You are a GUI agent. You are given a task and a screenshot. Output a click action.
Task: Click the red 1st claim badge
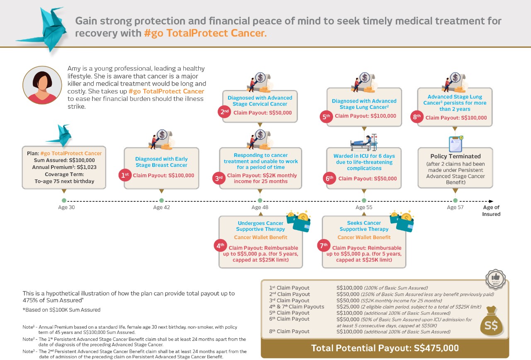(125, 175)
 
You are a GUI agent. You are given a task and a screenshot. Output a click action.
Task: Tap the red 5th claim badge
(326, 116)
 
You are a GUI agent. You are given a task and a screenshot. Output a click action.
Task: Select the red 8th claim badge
(417, 117)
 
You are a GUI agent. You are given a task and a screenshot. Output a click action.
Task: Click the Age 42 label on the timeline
(161, 208)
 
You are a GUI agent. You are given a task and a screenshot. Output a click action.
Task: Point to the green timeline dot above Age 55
(364, 201)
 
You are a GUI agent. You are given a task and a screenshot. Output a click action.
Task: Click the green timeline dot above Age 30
(64, 201)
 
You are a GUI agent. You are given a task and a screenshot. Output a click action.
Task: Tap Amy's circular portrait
(42, 85)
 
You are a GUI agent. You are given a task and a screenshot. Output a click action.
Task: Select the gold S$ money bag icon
(492, 321)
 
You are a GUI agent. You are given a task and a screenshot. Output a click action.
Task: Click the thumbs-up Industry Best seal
(495, 279)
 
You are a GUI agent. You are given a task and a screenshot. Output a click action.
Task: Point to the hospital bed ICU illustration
(364, 142)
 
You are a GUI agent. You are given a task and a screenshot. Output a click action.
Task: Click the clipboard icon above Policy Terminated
(455, 144)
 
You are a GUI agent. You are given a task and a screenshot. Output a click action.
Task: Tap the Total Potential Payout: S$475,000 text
(385, 348)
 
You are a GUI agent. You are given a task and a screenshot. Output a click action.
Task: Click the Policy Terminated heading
(455, 156)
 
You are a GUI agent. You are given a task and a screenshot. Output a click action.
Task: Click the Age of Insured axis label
(491, 211)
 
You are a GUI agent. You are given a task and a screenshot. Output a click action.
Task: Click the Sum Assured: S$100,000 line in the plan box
(64, 160)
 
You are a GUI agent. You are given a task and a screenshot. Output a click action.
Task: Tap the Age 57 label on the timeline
(455, 208)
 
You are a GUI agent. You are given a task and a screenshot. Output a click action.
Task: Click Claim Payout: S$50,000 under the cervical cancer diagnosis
(263, 113)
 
